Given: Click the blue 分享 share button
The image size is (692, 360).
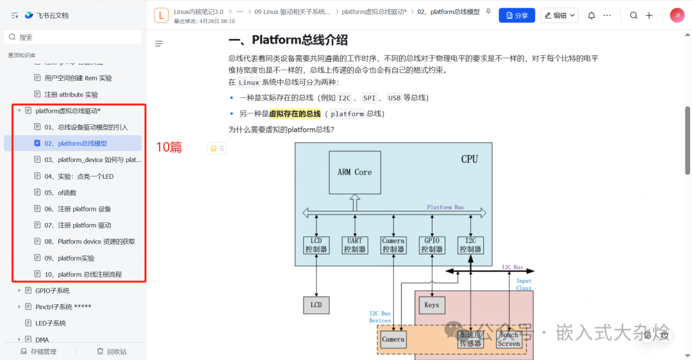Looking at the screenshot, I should point(516,15).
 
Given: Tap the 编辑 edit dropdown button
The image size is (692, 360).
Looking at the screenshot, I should point(559,15).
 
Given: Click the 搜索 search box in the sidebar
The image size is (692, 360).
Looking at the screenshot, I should point(73,37).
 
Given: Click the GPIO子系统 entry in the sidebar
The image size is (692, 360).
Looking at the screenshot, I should point(53,291).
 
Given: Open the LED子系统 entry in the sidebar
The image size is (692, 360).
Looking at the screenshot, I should point(51,323).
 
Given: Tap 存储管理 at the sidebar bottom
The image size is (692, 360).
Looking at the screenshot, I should point(38,351).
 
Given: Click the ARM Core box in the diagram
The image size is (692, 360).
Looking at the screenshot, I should point(354,172).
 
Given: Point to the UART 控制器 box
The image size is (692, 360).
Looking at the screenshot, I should point(354,245).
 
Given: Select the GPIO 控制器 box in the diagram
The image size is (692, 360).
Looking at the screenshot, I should point(432,245).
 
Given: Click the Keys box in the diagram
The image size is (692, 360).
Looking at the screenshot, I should point(431,305).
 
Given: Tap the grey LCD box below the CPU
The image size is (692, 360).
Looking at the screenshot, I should point(316,305).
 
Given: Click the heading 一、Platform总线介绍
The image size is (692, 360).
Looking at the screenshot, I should point(288,40).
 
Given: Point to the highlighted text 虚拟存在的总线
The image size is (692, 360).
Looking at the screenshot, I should point(295,113).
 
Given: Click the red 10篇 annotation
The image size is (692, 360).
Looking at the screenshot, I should point(169,147).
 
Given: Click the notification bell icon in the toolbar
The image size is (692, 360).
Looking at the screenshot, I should point(591,15).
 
